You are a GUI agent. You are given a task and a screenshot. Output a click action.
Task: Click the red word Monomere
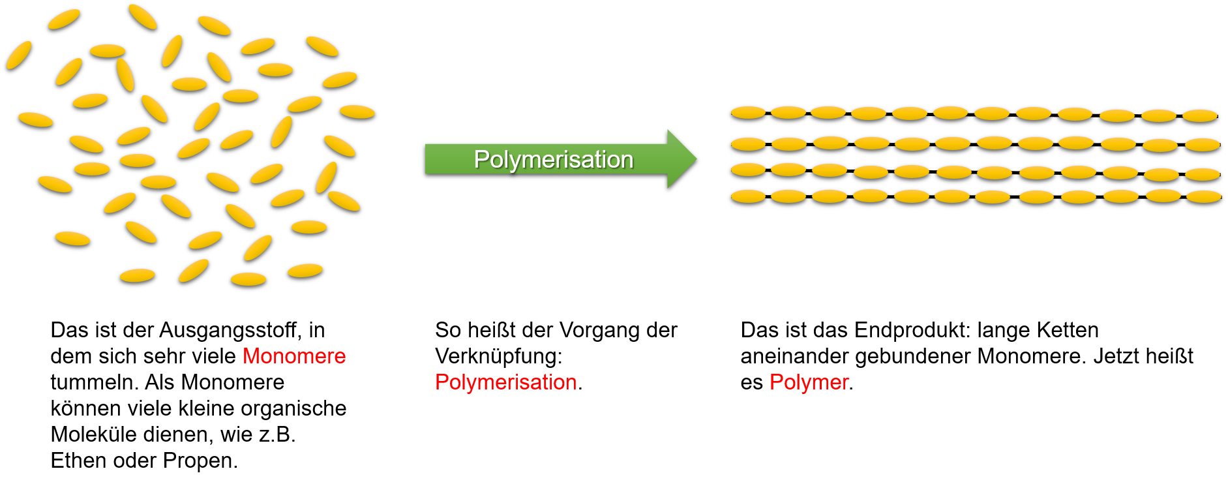point(294,356)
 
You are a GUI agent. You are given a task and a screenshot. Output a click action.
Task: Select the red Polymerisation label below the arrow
point(505,382)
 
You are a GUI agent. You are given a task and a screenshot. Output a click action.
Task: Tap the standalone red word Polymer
point(809,382)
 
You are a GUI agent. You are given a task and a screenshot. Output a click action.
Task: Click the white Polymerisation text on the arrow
point(553,160)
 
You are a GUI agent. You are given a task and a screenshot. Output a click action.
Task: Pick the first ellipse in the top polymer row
point(748,112)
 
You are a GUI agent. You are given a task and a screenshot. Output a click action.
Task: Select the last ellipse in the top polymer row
point(1200,115)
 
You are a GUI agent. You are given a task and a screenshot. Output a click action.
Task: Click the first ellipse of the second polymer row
point(748,144)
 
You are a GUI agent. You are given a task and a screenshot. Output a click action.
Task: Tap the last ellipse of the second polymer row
point(1203,144)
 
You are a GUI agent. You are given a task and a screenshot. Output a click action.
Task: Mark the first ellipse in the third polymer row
point(748,170)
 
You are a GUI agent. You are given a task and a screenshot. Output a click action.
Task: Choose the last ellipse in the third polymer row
point(1203,174)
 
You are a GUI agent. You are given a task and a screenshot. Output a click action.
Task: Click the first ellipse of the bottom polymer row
point(748,196)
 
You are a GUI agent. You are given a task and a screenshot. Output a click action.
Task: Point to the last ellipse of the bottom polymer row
point(1203,196)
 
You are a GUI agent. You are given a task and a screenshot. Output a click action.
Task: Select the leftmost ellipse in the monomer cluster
point(19,55)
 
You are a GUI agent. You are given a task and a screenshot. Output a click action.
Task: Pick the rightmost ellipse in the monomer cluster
point(357,112)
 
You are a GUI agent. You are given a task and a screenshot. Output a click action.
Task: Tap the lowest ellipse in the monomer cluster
point(248,279)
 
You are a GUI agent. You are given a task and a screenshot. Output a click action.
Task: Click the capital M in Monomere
point(251,356)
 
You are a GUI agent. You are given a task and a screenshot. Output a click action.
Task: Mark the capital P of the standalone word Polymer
point(775,382)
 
